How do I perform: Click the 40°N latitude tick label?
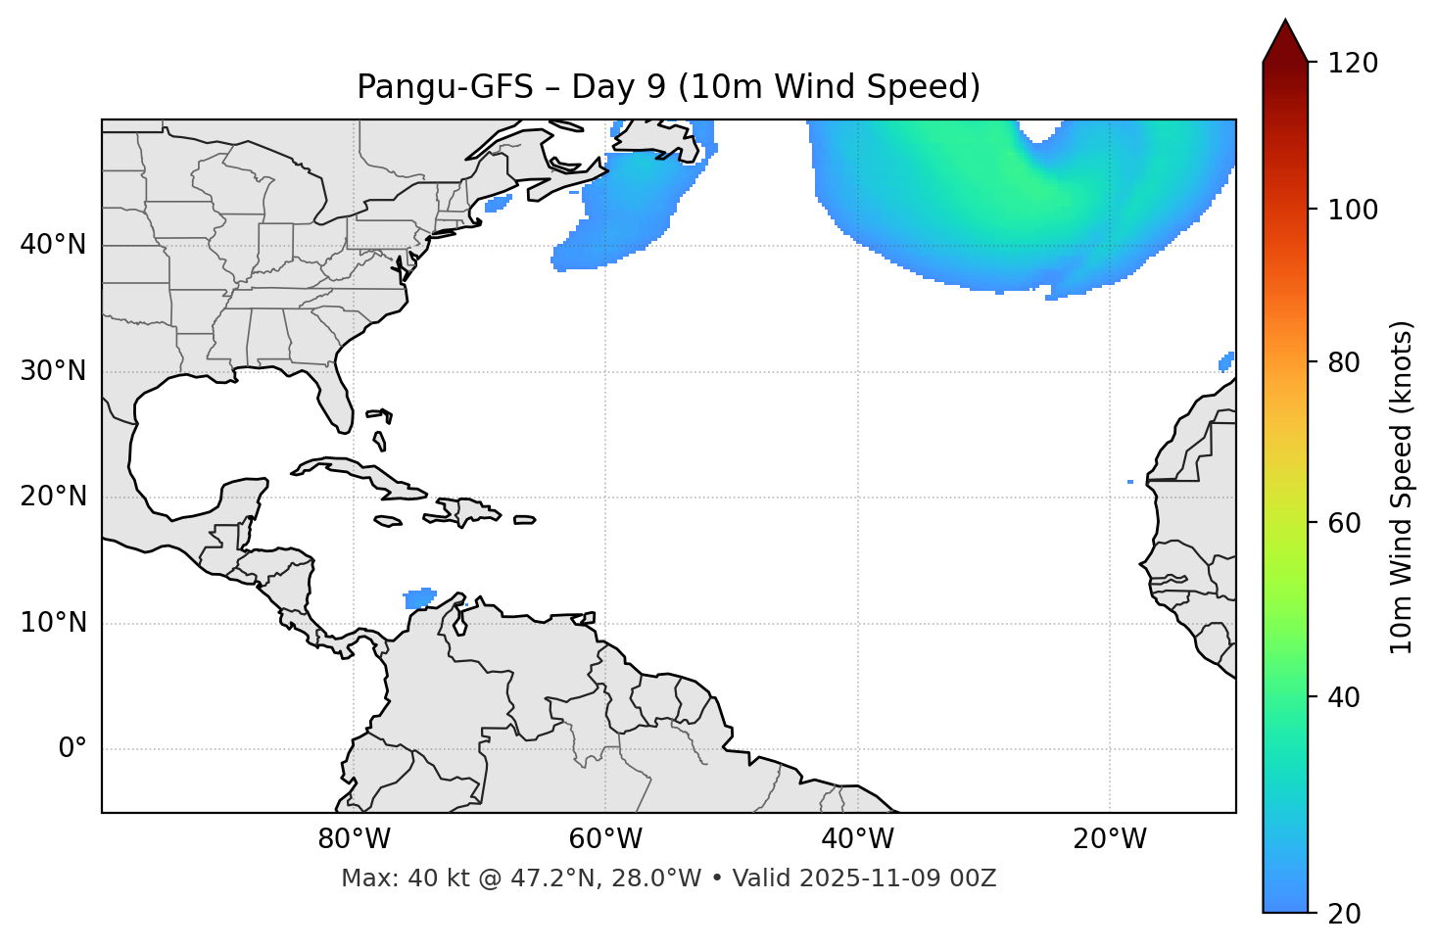(53, 244)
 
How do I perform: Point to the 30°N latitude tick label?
(53, 371)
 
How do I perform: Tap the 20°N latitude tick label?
(53, 497)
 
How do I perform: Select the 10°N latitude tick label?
(53, 623)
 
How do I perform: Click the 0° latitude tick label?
(72, 749)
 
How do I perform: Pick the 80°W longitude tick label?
(354, 839)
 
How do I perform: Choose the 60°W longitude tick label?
(605, 839)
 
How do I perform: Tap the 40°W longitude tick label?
(857, 839)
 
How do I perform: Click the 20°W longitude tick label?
(1109, 839)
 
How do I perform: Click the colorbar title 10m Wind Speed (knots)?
(1402, 487)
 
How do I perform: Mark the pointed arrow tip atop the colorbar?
(1285, 22)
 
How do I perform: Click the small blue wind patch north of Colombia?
(420, 597)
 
